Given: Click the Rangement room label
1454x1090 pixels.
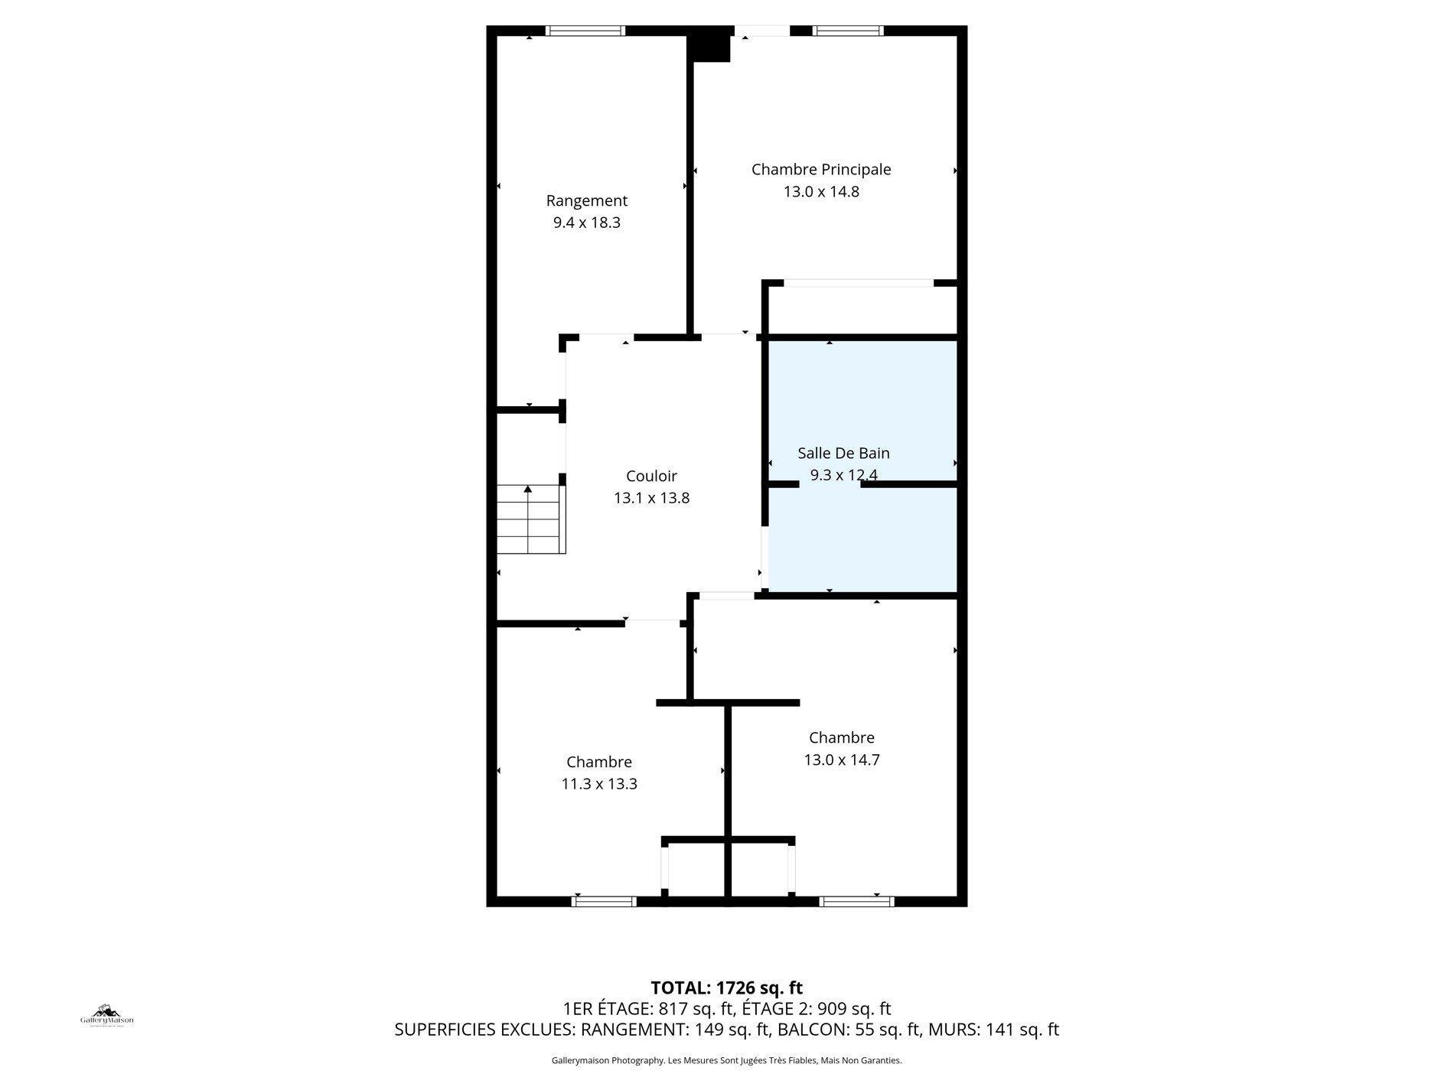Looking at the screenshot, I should pos(586,200).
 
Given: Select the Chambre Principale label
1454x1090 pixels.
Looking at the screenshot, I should pos(820,169).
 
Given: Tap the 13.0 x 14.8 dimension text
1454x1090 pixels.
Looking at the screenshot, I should pos(820,191).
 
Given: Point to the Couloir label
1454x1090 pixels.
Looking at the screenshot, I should pos(651,476).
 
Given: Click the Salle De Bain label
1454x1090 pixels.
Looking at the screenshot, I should pos(843,453).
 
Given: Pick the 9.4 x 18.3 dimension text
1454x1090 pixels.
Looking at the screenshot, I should pos(586,223).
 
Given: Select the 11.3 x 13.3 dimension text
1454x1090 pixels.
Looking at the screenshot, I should pos(598,784).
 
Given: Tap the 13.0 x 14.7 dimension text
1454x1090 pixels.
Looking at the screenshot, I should pos(841,760).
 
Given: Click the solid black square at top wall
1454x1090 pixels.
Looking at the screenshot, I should pos(710,44).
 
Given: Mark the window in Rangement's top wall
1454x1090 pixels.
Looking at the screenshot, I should pos(585,31).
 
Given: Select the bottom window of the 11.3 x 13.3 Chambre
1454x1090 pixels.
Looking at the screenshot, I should pos(604,901).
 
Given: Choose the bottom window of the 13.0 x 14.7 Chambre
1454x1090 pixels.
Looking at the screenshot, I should pos(856,901).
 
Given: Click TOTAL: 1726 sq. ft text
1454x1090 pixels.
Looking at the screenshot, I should pos(725,988).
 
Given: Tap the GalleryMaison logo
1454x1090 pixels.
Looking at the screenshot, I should pos(107,1016).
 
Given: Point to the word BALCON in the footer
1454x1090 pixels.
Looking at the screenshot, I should pos(806,1030).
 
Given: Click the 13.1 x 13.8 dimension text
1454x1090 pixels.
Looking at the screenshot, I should pos(651,498).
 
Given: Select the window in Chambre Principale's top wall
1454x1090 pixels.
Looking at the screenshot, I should pos(847,31).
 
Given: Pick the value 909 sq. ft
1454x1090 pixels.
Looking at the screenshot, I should pos(854,1008).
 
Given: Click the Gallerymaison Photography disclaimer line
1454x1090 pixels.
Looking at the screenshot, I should pos(725,1060).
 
